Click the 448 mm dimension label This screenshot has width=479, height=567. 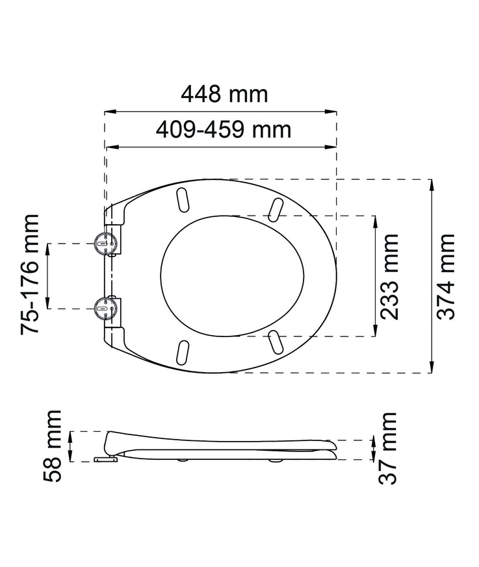tap(224, 94)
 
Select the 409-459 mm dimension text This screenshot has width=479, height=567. tap(224, 130)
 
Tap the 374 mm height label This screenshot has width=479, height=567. tap(446, 276)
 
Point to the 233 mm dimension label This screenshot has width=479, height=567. tap(389, 276)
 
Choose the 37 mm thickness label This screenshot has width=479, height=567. tap(389, 448)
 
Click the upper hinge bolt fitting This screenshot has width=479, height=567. tap(104, 244)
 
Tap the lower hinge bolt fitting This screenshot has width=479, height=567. tap(104, 307)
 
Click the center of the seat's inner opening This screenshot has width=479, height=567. tap(232, 276)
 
